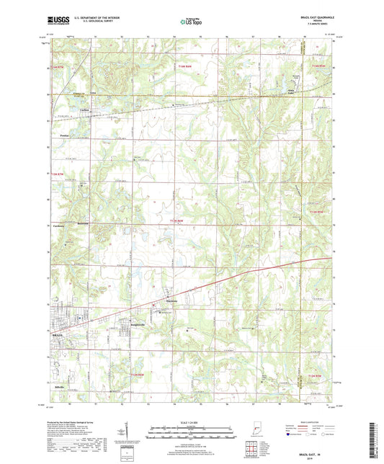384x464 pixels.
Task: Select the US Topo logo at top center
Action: coord(191,22)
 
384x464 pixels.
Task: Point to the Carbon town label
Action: coord(63,110)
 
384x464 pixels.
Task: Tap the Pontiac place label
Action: coord(64,135)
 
